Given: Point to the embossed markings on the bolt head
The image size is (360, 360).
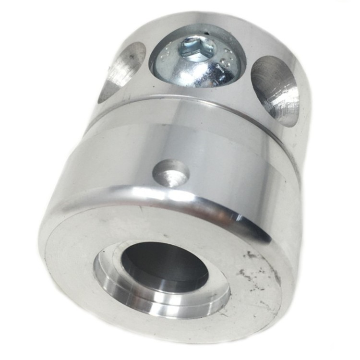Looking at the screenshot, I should pos(226,65).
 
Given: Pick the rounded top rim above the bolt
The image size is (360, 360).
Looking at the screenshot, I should pos(202,22).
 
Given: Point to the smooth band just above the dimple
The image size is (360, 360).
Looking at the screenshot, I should pos(173,139).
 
